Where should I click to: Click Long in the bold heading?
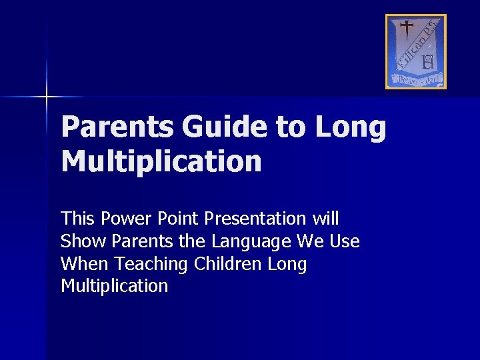coord(351,127)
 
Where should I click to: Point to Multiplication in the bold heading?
coord(161,161)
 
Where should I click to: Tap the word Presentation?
coord(255,219)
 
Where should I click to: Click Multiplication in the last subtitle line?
coord(114,287)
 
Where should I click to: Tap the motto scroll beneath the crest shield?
coord(416,79)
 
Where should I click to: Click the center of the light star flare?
coord(46,97)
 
